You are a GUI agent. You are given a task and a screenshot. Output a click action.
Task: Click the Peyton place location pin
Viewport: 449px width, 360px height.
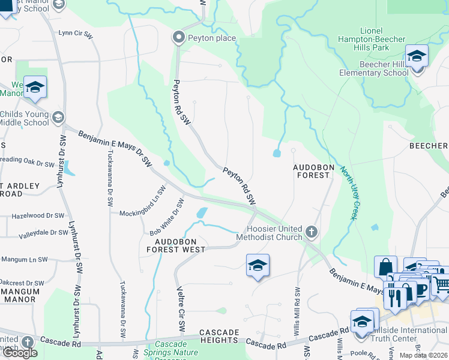coord(178,38)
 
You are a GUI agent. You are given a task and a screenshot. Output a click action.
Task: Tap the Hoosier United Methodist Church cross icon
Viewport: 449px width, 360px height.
coord(310,232)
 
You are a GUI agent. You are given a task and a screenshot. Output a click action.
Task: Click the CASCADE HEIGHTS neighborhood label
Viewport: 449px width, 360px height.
coord(219,336)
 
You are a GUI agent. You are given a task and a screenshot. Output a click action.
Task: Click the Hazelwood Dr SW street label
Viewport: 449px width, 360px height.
coord(38,215)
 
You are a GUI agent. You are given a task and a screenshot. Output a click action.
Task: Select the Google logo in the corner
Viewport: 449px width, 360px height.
coord(20,352)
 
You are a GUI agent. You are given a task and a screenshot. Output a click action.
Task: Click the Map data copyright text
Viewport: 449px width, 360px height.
coord(424,355)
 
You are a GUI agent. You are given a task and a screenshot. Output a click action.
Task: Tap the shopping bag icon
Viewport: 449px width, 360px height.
coord(385,268)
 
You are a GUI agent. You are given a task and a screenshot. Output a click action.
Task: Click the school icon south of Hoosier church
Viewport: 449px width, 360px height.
coord(258,266)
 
